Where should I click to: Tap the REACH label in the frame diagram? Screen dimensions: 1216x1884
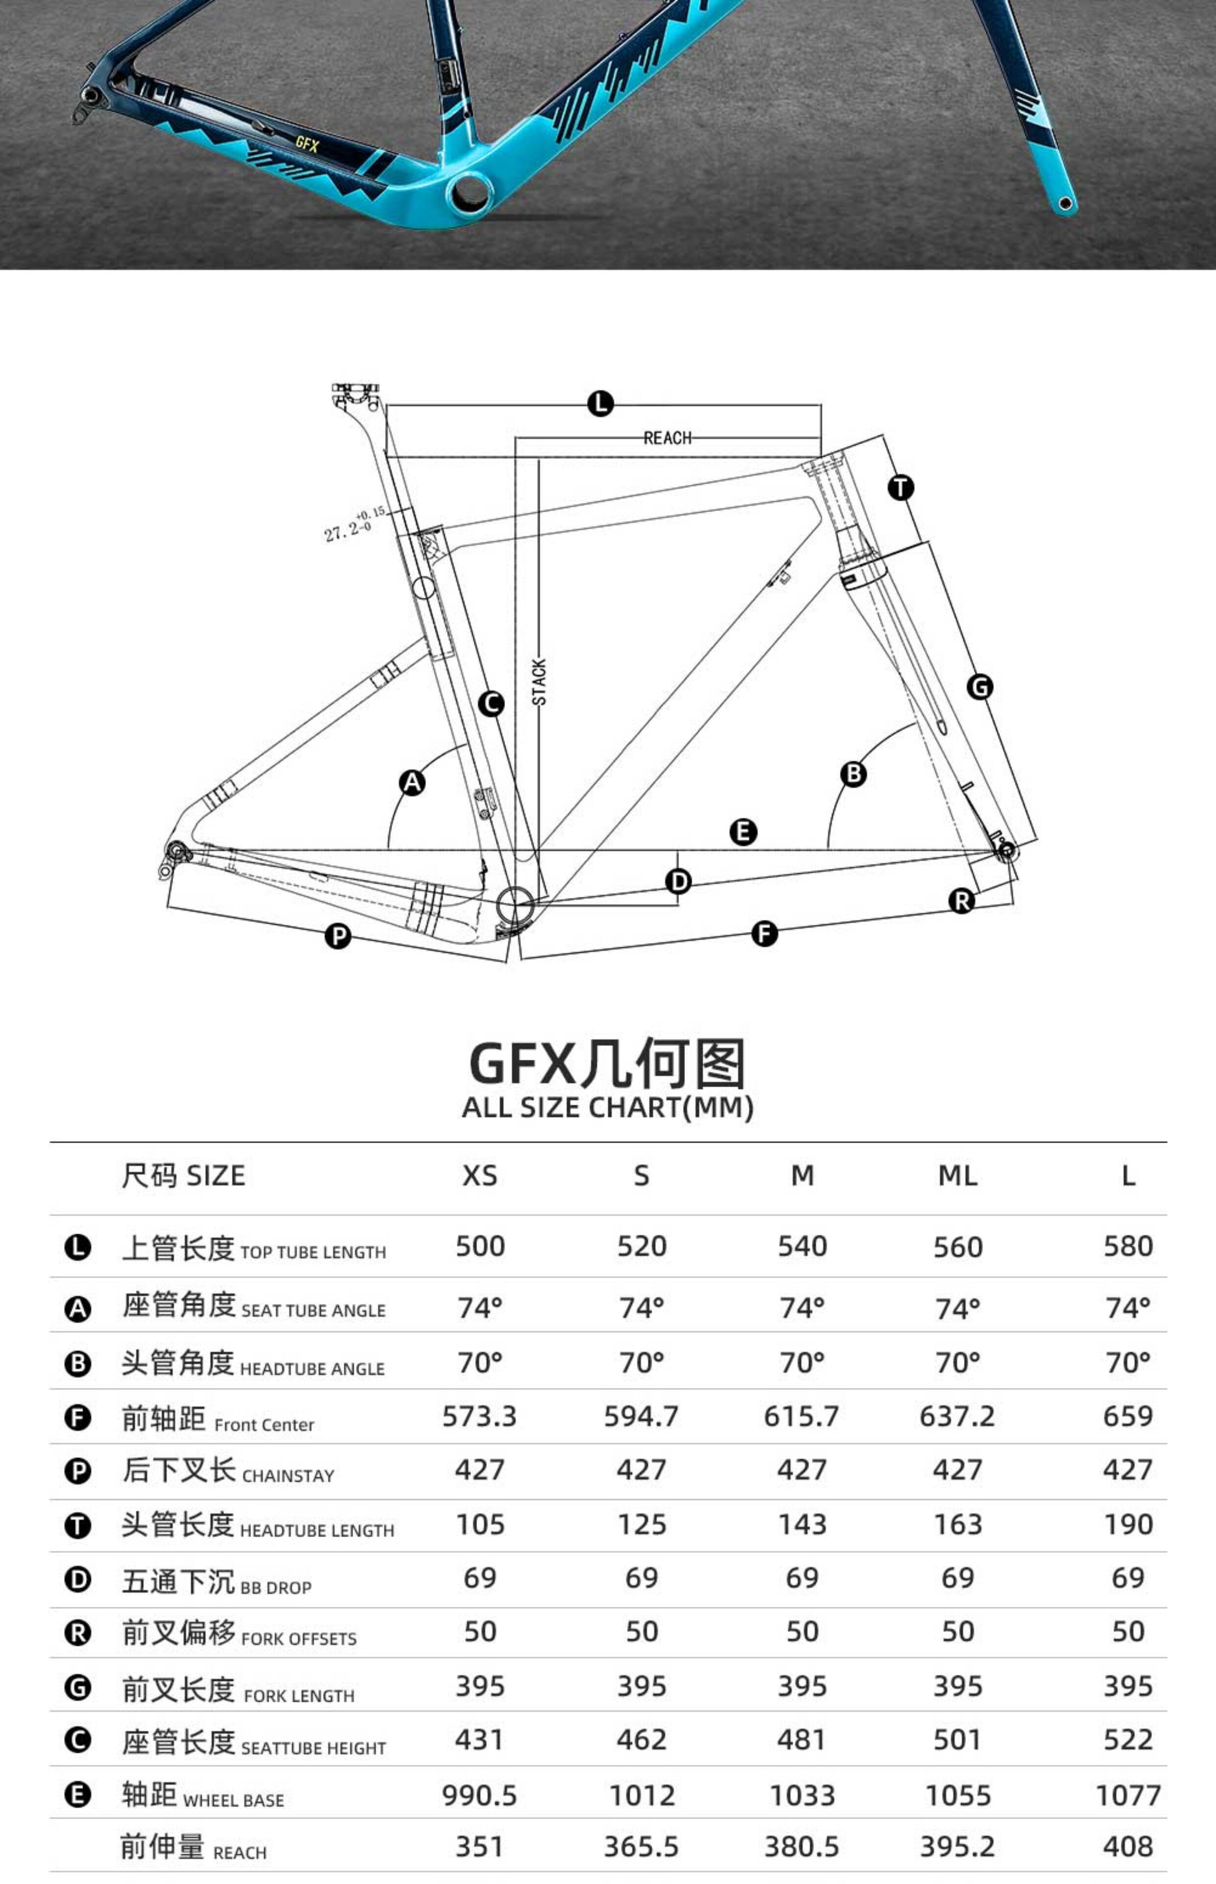coord(667,438)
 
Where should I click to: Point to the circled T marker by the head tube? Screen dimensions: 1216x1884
coord(901,487)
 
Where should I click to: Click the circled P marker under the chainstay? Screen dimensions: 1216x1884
coord(338,937)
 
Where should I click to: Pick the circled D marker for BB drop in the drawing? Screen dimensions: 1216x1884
coord(678,882)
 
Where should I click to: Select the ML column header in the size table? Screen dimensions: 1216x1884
coord(957,1176)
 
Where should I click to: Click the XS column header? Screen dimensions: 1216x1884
coord(480,1176)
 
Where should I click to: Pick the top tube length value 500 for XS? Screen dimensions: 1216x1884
coord(480,1247)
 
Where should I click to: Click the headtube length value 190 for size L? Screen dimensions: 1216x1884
coord(1128,1524)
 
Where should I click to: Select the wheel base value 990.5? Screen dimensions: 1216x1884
coord(480,1796)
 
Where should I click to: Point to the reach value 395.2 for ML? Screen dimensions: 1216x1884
coord(957,1847)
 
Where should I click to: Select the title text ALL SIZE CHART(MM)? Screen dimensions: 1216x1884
coord(607,1107)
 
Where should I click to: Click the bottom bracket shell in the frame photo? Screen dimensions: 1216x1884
coord(471,193)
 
